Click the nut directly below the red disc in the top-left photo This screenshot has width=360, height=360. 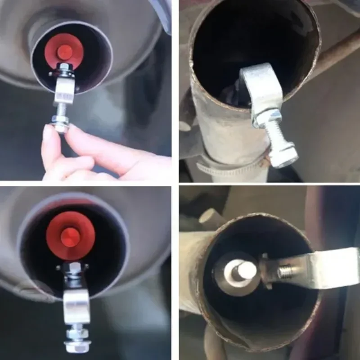pyautogui.click(x=65, y=70)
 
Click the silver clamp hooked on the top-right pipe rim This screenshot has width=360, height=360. pyautogui.click(x=264, y=88)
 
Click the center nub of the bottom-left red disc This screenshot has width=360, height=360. pyautogui.click(x=70, y=237)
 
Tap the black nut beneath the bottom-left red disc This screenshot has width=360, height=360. pyautogui.click(x=72, y=270)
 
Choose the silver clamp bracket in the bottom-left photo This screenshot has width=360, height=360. pyautogui.click(x=76, y=306)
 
